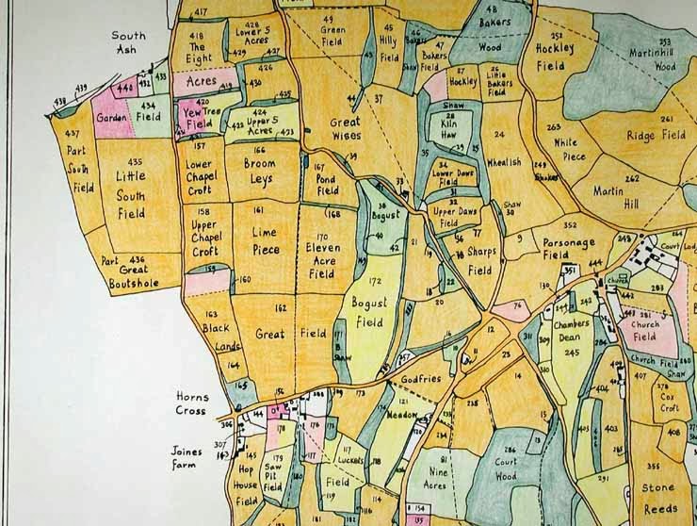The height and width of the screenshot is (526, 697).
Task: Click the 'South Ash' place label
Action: pos(129,42)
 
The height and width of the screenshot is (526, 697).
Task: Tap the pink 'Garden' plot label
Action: pos(110,118)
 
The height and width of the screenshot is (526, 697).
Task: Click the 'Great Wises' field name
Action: pos(346,130)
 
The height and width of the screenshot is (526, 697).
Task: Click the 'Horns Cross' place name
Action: pos(191,403)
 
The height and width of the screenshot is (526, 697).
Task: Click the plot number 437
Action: pos(73,135)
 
